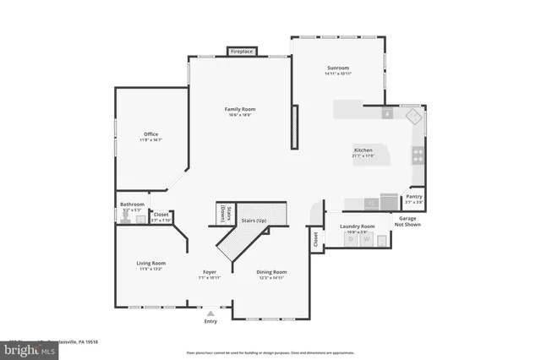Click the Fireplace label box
pyautogui.click(x=241, y=52)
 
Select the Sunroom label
pyautogui.click(x=338, y=68)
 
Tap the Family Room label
pyautogui.click(x=240, y=109)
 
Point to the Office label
pyautogui.click(x=151, y=134)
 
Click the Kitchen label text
pyautogui.click(x=363, y=151)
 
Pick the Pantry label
pyautogui.click(x=413, y=197)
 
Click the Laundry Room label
pyautogui.click(x=357, y=226)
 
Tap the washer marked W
pyautogui.click(x=367, y=240)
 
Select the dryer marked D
pyautogui.click(x=352, y=240)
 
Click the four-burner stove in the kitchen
pyautogui.click(x=417, y=155)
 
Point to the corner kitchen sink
pyautogui.click(x=412, y=117)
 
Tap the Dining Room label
pyautogui.click(x=272, y=271)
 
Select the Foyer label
pyautogui.click(x=209, y=271)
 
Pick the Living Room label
pyautogui.click(x=150, y=264)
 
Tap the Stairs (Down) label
pyautogui.click(x=224, y=213)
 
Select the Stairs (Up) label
pyautogui.click(x=254, y=221)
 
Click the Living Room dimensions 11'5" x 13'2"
pyautogui.click(x=150, y=270)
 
